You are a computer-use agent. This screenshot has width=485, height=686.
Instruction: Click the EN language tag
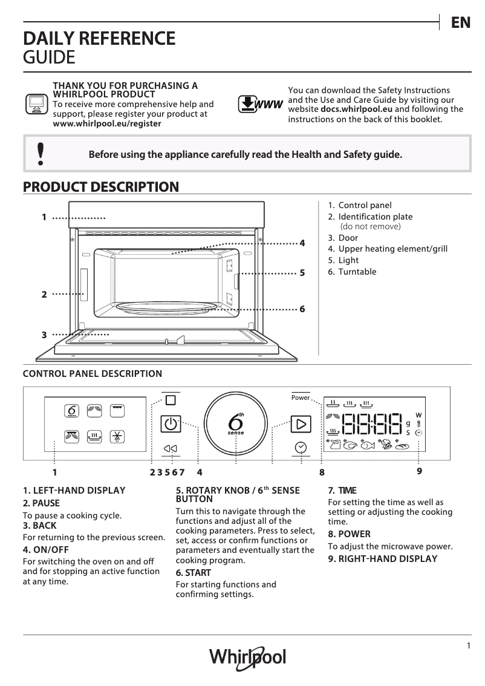point(460,23)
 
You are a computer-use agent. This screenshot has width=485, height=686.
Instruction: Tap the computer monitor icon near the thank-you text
point(36,104)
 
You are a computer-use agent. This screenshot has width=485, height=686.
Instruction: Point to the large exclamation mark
point(41,154)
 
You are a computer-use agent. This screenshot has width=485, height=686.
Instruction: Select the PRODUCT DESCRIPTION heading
point(100,187)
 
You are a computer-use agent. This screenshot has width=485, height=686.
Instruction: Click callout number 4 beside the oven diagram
point(302,243)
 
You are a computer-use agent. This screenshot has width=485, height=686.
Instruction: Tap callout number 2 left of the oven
point(44,295)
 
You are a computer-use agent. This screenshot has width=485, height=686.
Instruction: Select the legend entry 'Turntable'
point(357,272)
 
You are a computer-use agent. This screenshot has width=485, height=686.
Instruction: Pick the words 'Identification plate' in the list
point(375,217)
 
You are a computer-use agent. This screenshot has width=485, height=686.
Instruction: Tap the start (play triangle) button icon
point(301,423)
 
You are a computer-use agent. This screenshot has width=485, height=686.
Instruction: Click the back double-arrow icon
point(170,448)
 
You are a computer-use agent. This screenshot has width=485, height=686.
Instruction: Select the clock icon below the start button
point(301,447)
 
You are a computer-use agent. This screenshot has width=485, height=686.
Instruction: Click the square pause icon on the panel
point(170,400)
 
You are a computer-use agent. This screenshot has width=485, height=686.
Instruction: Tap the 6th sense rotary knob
point(236,423)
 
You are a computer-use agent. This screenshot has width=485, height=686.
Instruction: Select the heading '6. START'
point(193,572)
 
